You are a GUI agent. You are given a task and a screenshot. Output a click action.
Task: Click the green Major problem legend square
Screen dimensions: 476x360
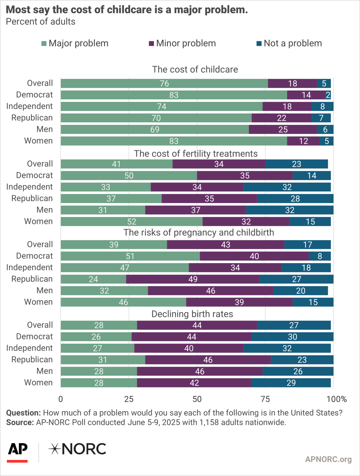44,43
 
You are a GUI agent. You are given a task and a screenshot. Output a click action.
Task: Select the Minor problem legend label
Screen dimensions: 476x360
186,43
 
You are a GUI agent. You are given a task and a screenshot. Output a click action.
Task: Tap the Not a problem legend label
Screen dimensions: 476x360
292,43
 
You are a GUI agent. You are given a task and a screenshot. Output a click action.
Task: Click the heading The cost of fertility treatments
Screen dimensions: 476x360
195,154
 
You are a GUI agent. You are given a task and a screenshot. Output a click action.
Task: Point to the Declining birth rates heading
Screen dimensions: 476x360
192,314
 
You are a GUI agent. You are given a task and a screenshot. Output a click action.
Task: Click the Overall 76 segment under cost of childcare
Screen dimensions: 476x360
164,83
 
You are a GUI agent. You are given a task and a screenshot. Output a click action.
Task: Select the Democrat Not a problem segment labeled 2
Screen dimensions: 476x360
328,95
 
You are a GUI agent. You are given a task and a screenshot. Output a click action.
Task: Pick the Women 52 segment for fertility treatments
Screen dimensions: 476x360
132,222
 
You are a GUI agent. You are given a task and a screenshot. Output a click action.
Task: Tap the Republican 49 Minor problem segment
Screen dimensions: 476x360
193,279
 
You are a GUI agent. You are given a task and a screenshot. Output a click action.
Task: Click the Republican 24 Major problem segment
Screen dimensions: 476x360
93,279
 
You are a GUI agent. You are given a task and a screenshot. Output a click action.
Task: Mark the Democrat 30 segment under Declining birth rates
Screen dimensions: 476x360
292,337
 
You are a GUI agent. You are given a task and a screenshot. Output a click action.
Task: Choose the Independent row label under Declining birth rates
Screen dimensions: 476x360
29,348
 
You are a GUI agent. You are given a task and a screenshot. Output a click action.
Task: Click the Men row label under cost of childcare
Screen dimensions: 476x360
45,129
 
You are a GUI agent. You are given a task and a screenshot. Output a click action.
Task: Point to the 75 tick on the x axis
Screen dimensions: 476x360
265,399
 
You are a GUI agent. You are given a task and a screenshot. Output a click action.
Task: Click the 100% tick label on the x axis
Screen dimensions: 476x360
336,399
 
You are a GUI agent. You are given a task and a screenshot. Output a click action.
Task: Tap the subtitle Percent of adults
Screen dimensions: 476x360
41,22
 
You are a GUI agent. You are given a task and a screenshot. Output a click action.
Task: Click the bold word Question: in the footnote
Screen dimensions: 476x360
23,413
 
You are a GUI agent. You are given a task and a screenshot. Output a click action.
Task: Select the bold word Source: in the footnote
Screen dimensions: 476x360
20,422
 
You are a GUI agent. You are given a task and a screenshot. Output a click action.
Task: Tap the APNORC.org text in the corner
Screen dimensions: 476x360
328,459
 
